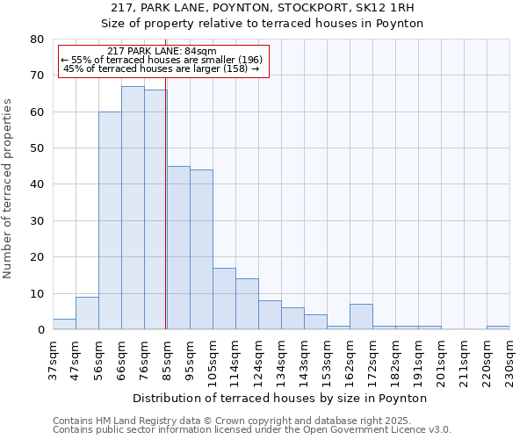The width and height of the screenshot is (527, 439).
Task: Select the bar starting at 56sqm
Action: pyautogui.click(x=110, y=220)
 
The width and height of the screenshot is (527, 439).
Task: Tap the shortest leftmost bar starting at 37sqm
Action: pyautogui.click(x=64, y=324)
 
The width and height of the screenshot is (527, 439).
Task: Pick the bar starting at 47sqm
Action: pyautogui.click(x=87, y=313)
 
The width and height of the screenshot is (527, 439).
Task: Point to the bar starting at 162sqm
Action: pyautogui.click(x=361, y=317)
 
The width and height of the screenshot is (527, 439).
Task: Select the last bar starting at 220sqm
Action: pyautogui.click(x=498, y=327)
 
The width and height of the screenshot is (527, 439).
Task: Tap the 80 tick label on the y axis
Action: pyautogui.click(x=36, y=40)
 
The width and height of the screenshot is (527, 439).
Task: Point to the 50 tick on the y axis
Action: pyautogui.click(x=36, y=148)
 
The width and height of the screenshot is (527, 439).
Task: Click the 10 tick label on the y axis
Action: pyautogui.click(x=36, y=293)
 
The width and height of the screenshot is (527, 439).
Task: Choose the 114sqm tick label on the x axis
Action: pyautogui.click(x=235, y=360)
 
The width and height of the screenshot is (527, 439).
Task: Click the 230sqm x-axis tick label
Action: pyautogui.click(x=509, y=360)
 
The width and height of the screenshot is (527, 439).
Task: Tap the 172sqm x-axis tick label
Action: pyautogui.click(x=372, y=360)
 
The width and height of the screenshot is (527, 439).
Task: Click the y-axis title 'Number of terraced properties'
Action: pyautogui.click(x=9, y=188)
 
